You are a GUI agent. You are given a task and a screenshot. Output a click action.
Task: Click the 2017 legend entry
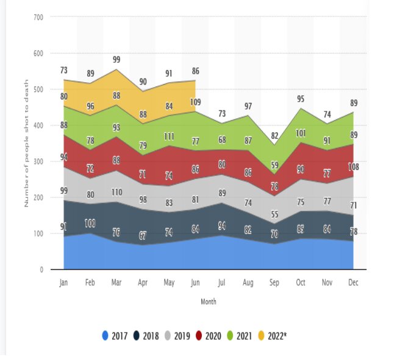tap(115, 335)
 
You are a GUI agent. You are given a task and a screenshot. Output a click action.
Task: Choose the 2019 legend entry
tap(177, 335)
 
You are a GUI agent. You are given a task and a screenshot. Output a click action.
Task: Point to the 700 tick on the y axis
tap(38, 17)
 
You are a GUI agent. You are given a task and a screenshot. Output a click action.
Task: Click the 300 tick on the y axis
tap(38, 161)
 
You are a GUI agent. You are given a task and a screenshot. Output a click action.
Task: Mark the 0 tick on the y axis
tap(41, 269)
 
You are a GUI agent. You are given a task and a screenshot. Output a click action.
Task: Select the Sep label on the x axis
tap(274, 283)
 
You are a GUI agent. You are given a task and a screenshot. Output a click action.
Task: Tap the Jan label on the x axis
tap(63, 283)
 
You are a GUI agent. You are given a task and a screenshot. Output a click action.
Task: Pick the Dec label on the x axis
tap(353, 283)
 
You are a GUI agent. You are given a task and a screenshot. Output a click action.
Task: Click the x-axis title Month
tap(208, 301)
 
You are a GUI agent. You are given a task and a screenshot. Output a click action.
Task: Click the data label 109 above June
tap(196, 102)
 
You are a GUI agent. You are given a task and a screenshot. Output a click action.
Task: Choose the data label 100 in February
tap(90, 223)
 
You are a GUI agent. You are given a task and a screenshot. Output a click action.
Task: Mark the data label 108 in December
tap(353, 166)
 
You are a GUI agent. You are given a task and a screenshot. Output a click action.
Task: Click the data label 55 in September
tap(274, 214)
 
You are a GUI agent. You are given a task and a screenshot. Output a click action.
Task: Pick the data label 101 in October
tap(301, 133)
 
